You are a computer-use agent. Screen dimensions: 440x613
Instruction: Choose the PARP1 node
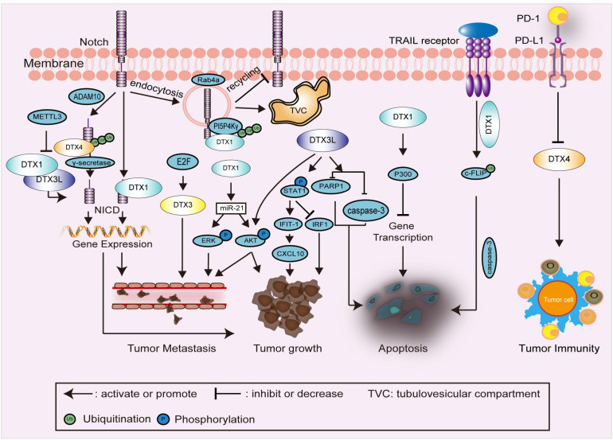tap(322, 185)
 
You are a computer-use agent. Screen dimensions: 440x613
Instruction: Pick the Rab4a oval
tap(205, 80)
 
